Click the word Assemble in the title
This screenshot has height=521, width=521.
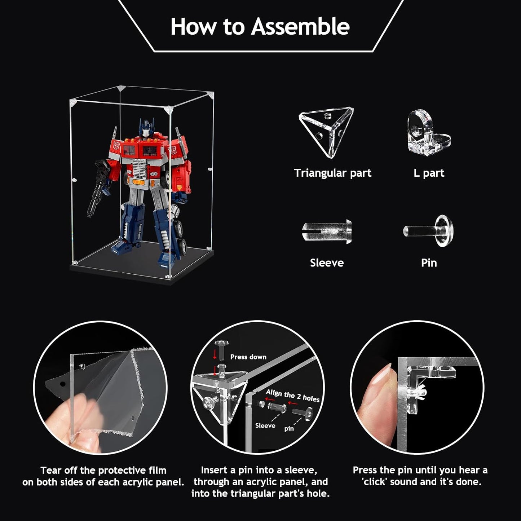(x=300, y=27)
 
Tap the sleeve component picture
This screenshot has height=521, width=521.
(x=327, y=231)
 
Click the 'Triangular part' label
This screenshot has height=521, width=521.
(x=332, y=173)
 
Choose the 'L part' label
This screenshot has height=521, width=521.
(x=429, y=173)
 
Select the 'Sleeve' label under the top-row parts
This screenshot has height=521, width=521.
(x=327, y=263)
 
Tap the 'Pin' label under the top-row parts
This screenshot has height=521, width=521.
(x=429, y=263)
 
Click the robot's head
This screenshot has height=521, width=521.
(x=146, y=128)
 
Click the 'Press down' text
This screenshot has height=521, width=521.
(x=248, y=357)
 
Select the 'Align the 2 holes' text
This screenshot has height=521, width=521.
(x=292, y=395)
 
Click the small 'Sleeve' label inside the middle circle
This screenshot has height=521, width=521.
(x=265, y=426)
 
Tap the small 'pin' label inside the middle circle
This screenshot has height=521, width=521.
(x=289, y=429)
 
